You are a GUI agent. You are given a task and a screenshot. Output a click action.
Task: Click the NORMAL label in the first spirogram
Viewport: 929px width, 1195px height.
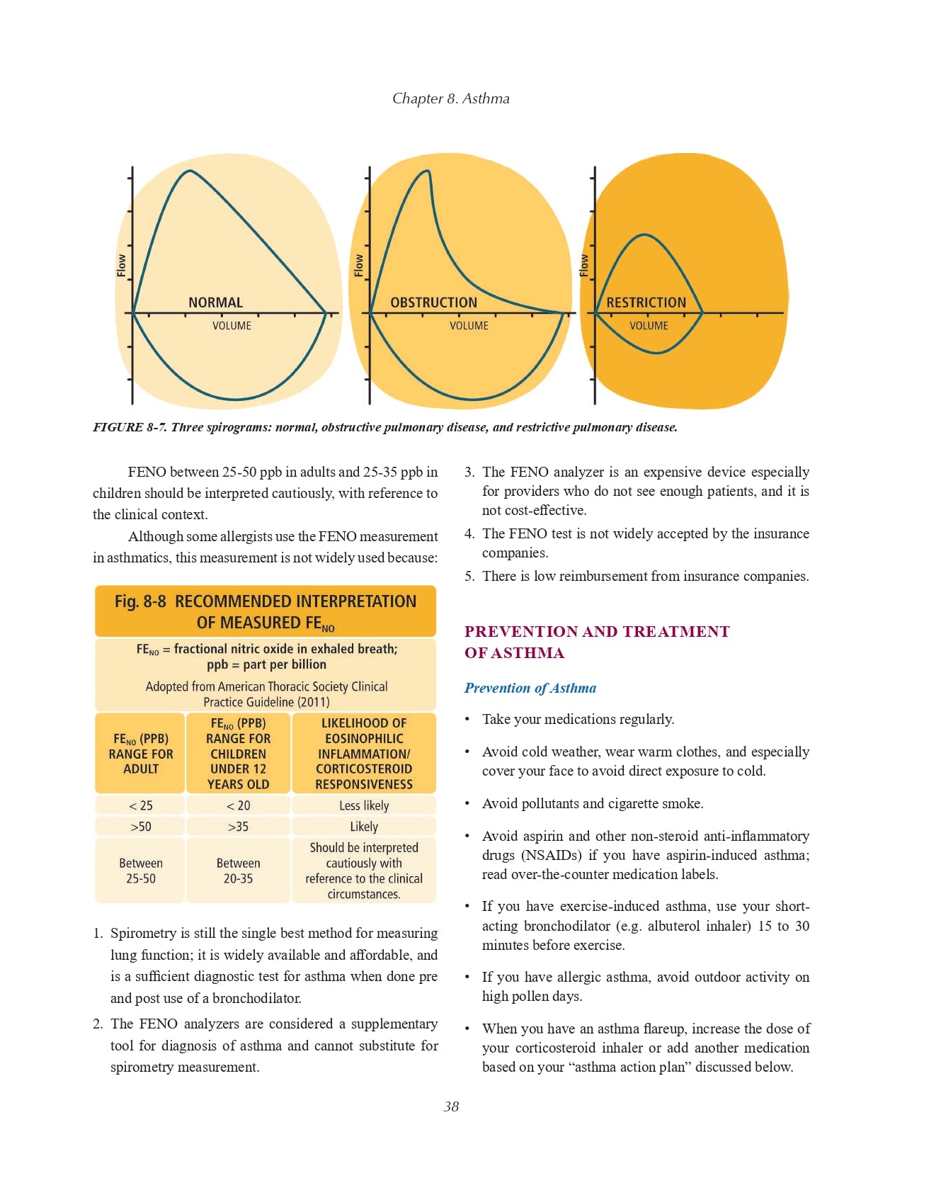[x=215, y=302]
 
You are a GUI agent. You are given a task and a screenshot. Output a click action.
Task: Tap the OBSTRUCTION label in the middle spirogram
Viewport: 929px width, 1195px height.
[x=433, y=302]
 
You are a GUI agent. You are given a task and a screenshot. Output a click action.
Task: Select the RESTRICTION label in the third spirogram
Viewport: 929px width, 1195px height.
[x=646, y=302]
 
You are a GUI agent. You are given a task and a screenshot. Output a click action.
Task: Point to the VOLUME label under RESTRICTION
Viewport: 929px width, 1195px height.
[x=649, y=326]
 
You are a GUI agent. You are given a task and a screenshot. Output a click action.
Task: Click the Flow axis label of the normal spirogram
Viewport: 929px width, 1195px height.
[x=122, y=266]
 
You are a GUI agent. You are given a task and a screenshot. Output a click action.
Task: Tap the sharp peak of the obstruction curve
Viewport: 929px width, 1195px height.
[x=428, y=171]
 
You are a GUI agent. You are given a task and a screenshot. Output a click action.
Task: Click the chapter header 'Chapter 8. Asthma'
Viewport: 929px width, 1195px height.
[x=451, y=98]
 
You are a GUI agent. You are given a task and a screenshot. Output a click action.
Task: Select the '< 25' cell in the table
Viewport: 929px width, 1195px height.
[x=140, y=805]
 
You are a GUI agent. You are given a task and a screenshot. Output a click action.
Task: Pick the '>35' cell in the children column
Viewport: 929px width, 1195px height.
[x=238, y=827]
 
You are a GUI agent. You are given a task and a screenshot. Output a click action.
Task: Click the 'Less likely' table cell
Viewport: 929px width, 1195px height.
[x=364, y=805]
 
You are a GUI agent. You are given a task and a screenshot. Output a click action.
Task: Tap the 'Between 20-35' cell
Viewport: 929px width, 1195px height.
[x=238, y=871]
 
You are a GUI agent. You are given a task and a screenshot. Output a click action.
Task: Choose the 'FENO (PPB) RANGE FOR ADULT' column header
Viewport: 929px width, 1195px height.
[x=140, y=754]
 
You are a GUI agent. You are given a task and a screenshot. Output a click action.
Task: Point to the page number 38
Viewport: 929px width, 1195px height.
[x=451, y=1106]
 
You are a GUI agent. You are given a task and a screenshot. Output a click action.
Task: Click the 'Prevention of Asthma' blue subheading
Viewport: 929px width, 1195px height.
[x=530, y=688]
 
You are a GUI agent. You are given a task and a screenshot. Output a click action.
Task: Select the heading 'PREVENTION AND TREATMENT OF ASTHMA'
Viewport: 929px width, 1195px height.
[x=596, y=642]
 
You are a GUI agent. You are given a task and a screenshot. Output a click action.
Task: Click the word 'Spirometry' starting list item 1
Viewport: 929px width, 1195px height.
[x=144, y=933]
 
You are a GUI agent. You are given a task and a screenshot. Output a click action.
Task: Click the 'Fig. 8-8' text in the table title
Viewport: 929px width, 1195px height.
[x=140, y=601]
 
